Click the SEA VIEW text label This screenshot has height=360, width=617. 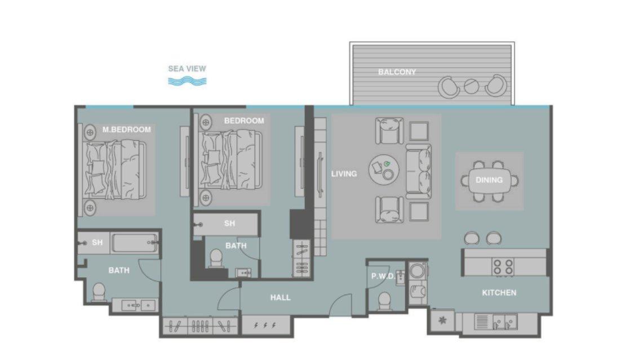[187, 69]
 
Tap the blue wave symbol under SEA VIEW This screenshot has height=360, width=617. [187, 81]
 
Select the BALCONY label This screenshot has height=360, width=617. [397, 72]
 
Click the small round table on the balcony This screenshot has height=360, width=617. [471, 86]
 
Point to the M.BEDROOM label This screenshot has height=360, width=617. [126, 130]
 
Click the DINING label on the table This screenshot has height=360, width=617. [489, 180]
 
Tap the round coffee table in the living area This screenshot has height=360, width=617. [384, 169]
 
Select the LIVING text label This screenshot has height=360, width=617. [344, 174]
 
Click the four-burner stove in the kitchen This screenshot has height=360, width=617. [503, 266]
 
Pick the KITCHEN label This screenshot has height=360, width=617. [499, 293]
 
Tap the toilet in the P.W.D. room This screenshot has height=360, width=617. [384, 301]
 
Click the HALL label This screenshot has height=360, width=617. [280, 297]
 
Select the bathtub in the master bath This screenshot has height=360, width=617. [135, 243]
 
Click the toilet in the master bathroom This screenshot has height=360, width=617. [99, 291]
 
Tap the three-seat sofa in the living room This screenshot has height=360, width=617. [418, 171]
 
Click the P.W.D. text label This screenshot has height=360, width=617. [383, 276]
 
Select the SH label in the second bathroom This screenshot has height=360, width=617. [229, 224]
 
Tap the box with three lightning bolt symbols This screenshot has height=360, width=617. [265, 326]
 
